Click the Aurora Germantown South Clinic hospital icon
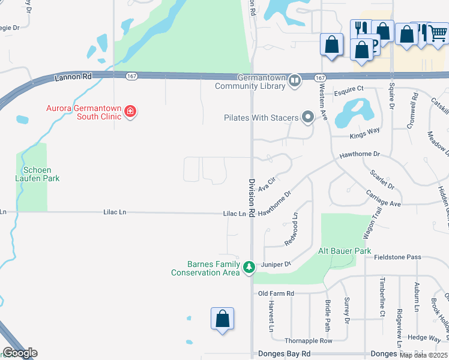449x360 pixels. point(130,111)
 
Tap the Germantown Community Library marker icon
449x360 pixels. point(294,80)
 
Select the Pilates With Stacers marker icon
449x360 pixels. point(308,117)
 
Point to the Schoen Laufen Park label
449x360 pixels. point(38,174)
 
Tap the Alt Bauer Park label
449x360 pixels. point(345,251)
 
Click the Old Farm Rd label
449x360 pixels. point(276,293)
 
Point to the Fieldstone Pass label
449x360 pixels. point(397,257)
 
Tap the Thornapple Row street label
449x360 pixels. point(309,340)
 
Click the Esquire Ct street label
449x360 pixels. point(349,89)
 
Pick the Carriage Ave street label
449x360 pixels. point(383,199)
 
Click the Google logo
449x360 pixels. point(20,353)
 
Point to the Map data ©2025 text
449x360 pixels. point(423,355)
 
